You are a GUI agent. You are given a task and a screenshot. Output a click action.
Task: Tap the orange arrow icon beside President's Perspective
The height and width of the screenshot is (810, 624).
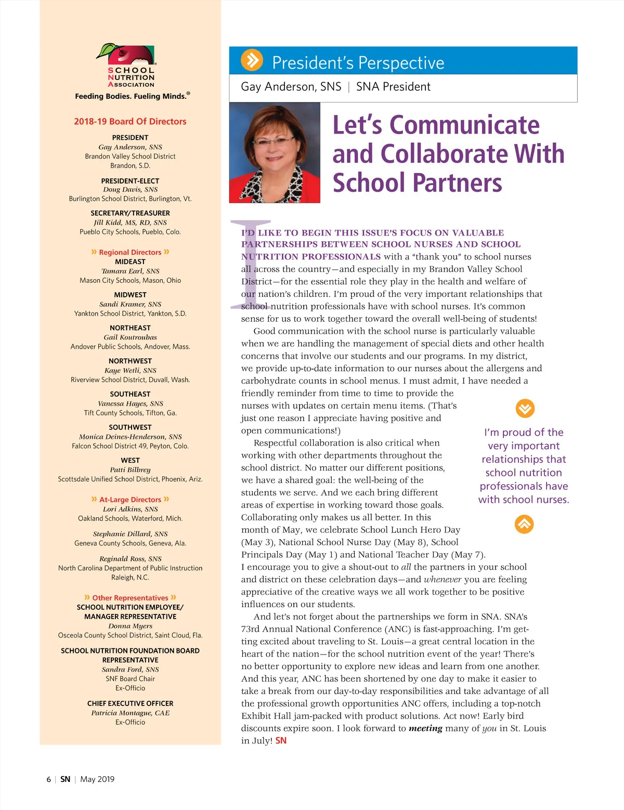pyautogui.click(x=252, y=60)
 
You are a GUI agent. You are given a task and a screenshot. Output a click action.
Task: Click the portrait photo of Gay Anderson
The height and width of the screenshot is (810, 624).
pyautogui.click(x=275, y=152)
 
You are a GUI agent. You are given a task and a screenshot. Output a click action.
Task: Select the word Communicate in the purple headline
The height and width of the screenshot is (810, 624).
pyautogui.click(x=464, y=125)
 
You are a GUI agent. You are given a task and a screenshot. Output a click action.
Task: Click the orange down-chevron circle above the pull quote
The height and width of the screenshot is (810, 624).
pyautogui.click(x=525, y=409)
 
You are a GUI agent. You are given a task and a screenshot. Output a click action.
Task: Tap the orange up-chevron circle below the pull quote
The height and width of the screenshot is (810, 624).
pyautogui.click(x=524, y=524)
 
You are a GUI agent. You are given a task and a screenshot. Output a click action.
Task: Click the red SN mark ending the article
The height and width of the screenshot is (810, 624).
pyautogui.click(x=281, y=740)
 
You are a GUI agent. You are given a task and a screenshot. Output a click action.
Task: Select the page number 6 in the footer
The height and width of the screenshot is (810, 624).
pyautogui.click(x=49, y=779)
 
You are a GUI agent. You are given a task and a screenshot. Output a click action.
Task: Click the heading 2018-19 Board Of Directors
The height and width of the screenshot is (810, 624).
pyautogui.click(x=130, y=122)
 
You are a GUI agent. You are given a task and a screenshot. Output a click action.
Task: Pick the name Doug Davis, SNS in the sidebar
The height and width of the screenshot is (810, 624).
pyautogui.click(x=130, y=189)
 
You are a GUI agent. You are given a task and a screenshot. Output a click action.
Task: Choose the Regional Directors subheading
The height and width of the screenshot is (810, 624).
pyautogui.click(x=130, y=252)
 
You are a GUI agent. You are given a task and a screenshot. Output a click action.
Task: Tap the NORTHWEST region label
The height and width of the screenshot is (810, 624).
pyautogui.click(x=130, y=361)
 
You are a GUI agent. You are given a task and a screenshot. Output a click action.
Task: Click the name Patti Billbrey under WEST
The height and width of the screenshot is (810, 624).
pyautogui.click(x=130, y=469)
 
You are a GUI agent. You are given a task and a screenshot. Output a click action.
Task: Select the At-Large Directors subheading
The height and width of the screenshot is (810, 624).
pyautogui.click(x=130, y=500)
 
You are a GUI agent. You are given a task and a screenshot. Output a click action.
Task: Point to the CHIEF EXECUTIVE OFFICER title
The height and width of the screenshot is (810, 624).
pyautogui.click(x=130, y=703)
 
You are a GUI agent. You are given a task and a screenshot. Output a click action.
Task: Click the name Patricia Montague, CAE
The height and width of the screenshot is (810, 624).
pyautogui.click(x=130, y=713)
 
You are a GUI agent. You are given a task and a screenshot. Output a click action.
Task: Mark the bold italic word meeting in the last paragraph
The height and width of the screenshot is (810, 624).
pyautogui.click(x=425, y=728)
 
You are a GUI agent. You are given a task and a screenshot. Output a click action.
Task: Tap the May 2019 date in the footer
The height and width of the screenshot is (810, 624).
pyautogui.click(x=97, y=779)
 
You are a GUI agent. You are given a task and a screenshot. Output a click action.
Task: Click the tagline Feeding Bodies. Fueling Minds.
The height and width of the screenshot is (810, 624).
pyautogui.click(x=132, y=96)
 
